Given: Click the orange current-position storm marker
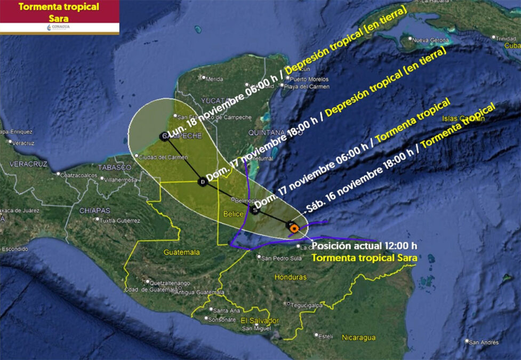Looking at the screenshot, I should click(x=293, y=228).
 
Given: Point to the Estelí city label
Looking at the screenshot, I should click(x=325, y=337).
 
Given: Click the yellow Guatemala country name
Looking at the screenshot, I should click(x=182, y=252).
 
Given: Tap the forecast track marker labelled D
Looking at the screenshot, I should click(x=202, y=182).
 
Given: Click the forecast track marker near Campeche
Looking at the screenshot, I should click(x=163, y=137).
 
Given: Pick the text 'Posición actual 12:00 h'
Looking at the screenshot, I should click(x=364, y=246).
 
